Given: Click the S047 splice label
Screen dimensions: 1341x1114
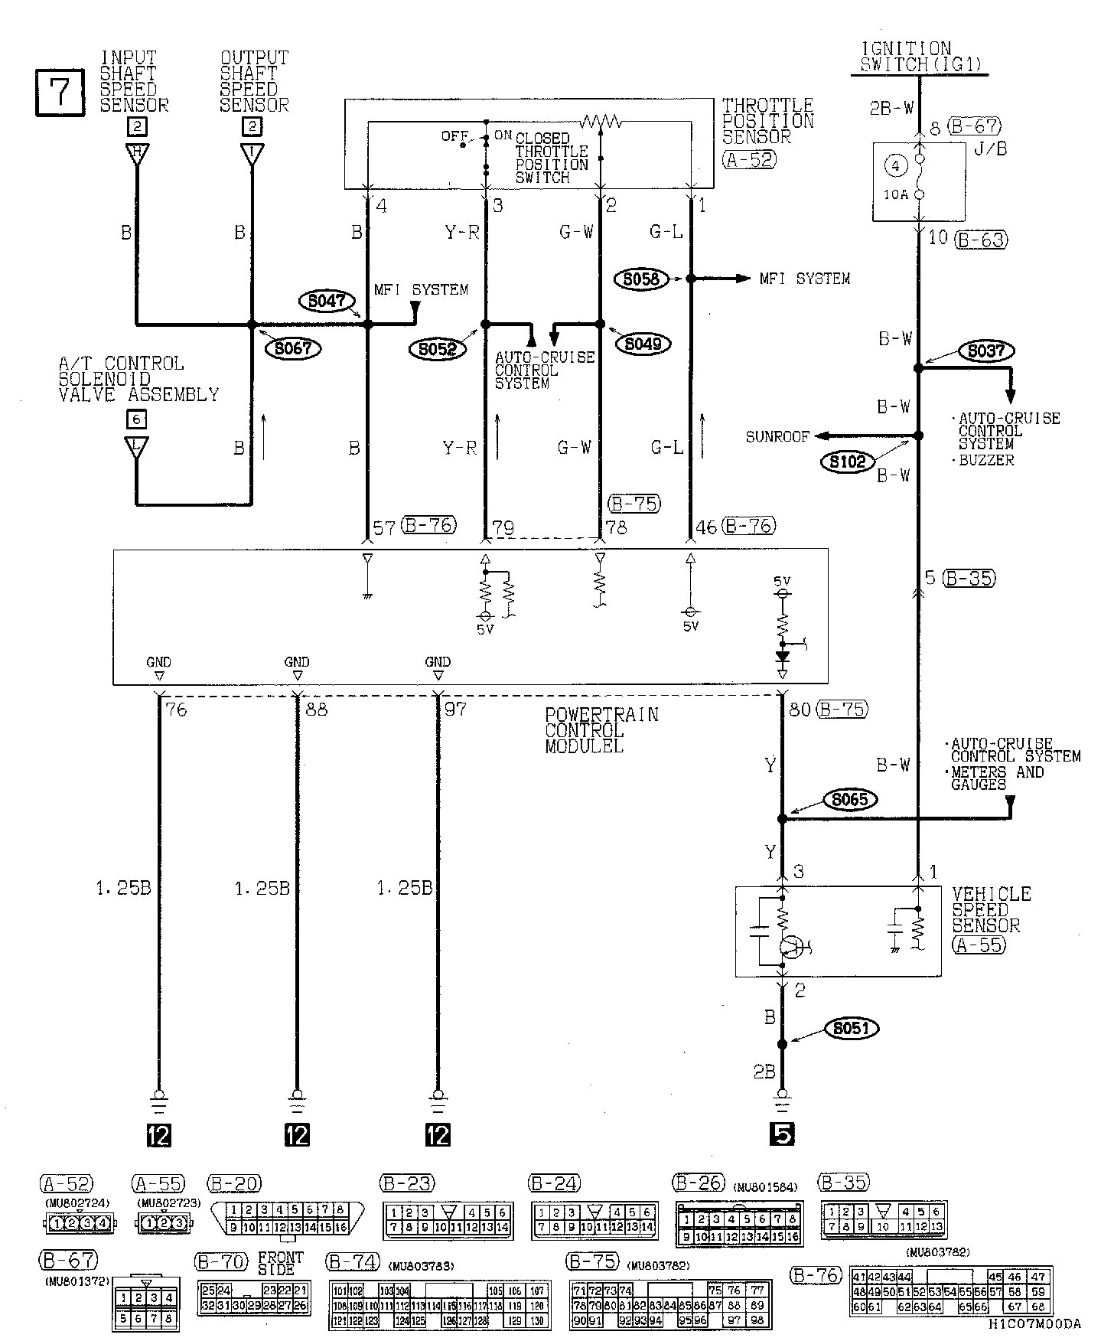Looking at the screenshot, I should click(327, 302).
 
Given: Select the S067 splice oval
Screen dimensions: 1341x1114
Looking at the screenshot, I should click(292, 348).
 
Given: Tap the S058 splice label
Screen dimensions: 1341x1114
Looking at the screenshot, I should click(640, 279).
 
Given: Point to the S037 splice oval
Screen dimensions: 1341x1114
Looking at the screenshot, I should click(986, 351).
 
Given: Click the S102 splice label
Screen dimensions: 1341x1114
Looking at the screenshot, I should click(847, 461).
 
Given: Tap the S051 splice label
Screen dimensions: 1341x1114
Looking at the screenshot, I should click(851, 1029).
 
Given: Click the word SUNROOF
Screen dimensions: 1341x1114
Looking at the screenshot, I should click(777, 437).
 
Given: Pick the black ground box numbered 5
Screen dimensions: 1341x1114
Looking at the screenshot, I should click(783, 1134).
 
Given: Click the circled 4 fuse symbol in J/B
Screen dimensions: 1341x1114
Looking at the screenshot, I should click(897, 165).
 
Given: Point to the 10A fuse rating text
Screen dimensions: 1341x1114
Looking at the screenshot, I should click(897, 194).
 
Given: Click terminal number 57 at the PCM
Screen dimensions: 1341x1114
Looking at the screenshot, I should click(383, 527).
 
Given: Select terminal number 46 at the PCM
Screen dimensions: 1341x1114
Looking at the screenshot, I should click(706, 527).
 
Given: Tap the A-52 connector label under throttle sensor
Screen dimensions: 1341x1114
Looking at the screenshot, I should click(748, 159).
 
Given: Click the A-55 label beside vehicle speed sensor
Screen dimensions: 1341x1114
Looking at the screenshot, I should click(979, 945).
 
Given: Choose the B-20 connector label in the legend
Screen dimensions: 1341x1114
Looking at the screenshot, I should click(234, 1183).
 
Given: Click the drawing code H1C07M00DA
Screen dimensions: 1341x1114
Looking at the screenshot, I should click(1034, 1324).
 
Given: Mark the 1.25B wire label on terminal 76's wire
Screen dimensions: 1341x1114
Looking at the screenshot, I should click(123, 888).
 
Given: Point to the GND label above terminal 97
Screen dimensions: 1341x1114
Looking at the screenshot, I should click(438, 662).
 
